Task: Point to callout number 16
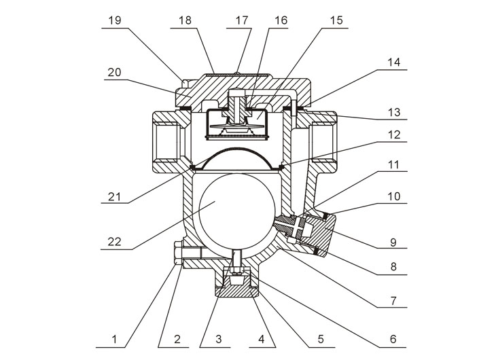pyautogui.click(x=281, y=20)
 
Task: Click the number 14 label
pyautogui.click(x=393, y=62)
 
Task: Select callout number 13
pyautogui.click(x=393, y=110)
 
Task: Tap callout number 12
pyautogui.click(x=393, y=135)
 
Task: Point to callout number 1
pyautogui.click(x=115, y=338)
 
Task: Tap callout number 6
pyautogui.click(x=393, y=338)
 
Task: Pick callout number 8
pyautogui.click(x=393, y=268)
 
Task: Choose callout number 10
pyautogui.click(x=393, y=196)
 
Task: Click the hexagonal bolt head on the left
pyautogui.click(x=177, y=255)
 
